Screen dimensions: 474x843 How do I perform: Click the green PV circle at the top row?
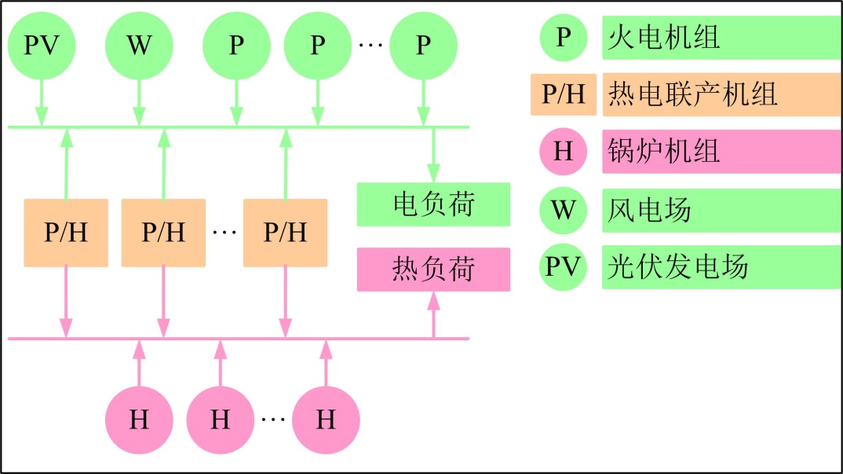42,46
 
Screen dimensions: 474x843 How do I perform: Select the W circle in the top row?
139,46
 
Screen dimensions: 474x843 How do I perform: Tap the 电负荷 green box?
433,204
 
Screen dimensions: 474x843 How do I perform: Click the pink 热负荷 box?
433,270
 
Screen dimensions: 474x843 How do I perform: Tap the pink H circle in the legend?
563,151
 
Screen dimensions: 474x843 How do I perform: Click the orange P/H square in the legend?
563,94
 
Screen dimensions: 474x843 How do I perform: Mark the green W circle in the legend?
563,210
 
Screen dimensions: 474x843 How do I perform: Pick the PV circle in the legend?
563,267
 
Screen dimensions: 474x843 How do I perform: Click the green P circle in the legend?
563,37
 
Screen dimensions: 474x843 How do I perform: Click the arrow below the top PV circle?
42,102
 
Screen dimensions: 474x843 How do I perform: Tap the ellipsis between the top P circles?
369,46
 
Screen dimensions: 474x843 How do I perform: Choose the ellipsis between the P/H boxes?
224,233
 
